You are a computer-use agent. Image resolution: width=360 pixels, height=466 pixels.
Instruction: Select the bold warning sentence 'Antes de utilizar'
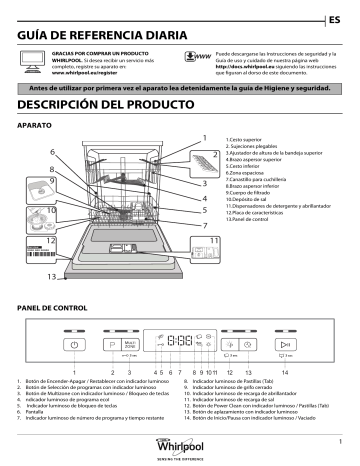click(180, 87)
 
